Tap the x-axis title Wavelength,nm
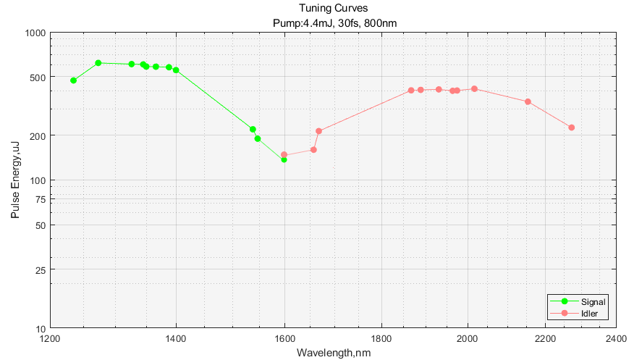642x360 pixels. coord(333,353)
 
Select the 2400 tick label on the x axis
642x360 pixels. coord(616,338)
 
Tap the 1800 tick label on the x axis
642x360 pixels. coord(381,338)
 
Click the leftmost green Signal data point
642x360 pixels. coord(73,80)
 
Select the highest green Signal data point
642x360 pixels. coord(98,63)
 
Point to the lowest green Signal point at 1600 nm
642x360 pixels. coord(284,159)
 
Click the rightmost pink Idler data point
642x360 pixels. coord(571,127)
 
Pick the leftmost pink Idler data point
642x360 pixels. coord(284,154)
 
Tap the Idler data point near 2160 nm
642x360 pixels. coord(528,101)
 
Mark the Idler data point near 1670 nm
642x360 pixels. coord(318,131)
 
